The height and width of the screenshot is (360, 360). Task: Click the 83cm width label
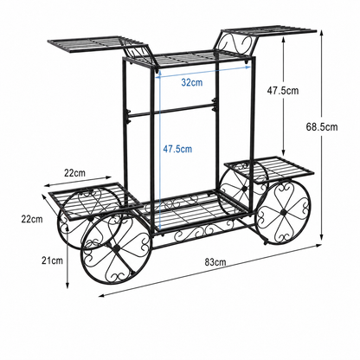tap(215, 262)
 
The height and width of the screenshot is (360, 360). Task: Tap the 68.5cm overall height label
tap(322, 127)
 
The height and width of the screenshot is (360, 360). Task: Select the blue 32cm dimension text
tap(192, 82)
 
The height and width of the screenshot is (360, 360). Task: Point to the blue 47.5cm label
tap(177, 149)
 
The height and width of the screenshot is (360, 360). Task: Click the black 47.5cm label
tap(283, 91)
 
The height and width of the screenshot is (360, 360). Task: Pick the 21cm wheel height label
tap(52, 260)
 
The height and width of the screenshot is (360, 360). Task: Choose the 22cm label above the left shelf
tap(74, 173)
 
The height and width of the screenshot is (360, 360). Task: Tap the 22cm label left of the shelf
tap(32, 219)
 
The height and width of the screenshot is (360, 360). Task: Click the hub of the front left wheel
tap(117, 248)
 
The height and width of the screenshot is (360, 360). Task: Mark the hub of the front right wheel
tap(283, 212)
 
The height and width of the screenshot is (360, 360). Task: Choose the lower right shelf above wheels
tap(270, 169)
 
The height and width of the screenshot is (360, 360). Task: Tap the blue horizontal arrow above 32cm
tap(203, 72)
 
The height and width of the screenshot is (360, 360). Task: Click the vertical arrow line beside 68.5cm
tap(322, 135)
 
